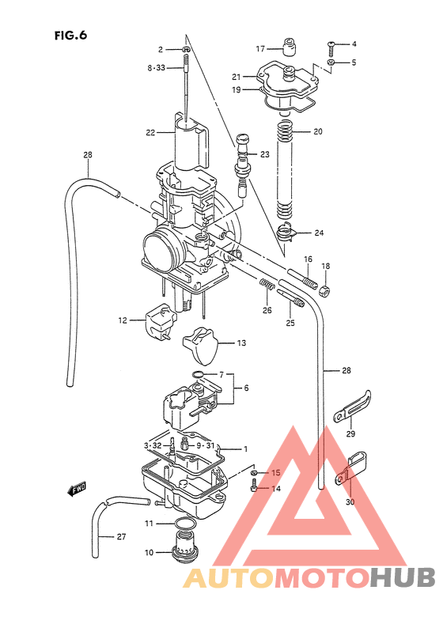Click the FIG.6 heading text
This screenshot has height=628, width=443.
tap(70, 35)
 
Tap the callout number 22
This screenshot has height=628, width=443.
tap(150, 133)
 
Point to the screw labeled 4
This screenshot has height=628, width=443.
tap(333, 44)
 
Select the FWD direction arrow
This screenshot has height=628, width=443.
tap(78, 490)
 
